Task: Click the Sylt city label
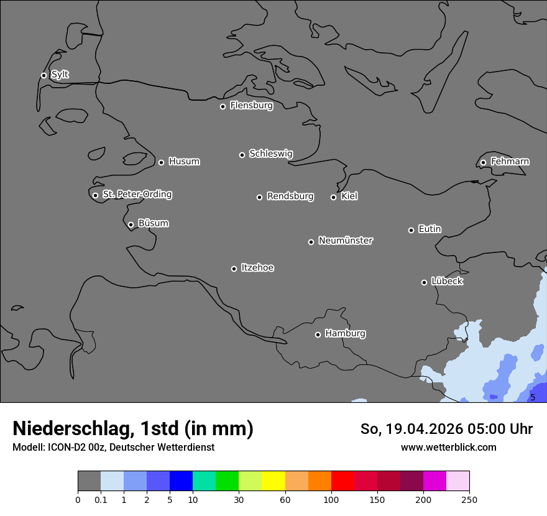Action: pos(60,75)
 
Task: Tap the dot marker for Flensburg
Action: pos(223,106)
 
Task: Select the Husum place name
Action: pos(184,162)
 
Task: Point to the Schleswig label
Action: pos(270,154)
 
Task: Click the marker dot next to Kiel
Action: pos(333,197)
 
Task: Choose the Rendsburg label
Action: pos(290,196)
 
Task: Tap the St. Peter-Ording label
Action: pos(137,195)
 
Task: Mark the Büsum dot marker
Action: pos(131,225)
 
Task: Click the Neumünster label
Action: pos(345,241)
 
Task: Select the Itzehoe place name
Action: pos(257,268)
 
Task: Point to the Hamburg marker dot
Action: pos(318,334)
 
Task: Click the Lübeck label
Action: pos(447,281)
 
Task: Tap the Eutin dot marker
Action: pos(411,230)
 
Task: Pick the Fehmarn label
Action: pos(510,162)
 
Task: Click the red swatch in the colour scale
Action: pos(342,481)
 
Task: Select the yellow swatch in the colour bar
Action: pos(273,481)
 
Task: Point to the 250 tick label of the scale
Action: pos(469,499)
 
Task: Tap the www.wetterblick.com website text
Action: pos(448,447)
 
